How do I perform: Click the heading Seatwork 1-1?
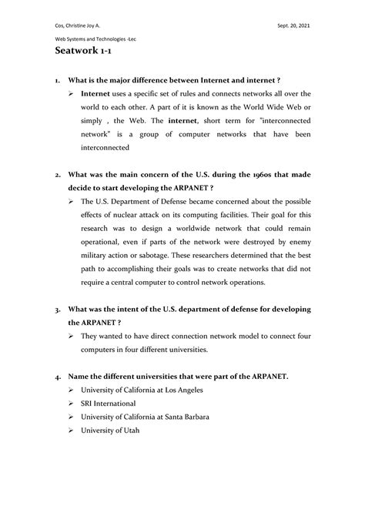click(x=86, y=53)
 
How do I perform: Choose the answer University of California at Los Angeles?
click(x=146, y=390)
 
